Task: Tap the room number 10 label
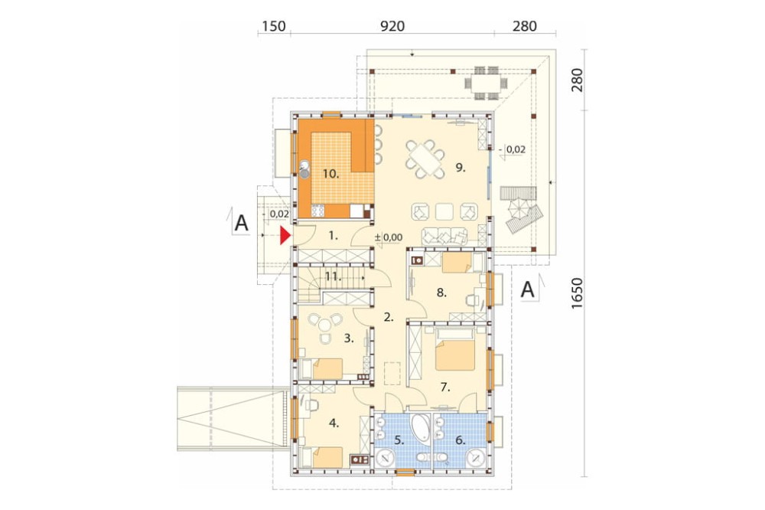[330, 173]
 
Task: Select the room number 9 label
[461, 168]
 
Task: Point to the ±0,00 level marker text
[389, 237]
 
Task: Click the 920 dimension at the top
[392, 25]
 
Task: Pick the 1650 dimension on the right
[577, 293]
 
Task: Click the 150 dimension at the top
[274, 25]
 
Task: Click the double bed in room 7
[454, 350]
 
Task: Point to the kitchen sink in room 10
[305, 168]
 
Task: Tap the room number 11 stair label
[333, 277]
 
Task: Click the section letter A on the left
[242, 224]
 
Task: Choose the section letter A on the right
[527, 289]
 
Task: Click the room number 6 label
[460, 440]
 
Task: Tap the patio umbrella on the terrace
[518, 209]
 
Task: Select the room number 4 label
[334, 423]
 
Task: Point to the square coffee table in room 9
[444, 211]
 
